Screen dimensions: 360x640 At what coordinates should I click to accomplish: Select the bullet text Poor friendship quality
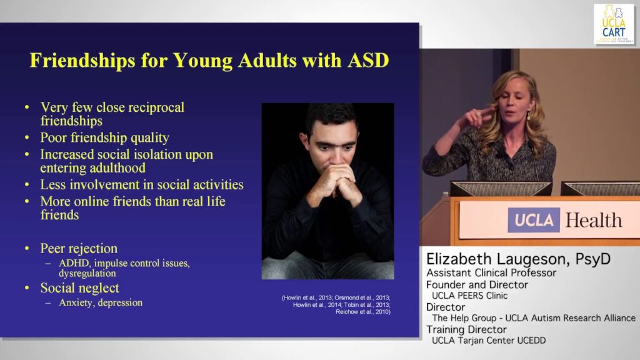(104, 137)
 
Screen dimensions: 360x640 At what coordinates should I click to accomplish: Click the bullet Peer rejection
(79, 249)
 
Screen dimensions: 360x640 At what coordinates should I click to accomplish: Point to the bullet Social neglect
(79, 288)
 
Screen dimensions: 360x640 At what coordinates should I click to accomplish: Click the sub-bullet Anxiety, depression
(101, 302)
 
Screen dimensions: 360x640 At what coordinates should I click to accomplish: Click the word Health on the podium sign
(593, 220)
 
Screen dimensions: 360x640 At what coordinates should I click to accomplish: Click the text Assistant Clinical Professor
(491, 272)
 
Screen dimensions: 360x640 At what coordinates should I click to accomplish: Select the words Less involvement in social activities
(141, 185)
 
